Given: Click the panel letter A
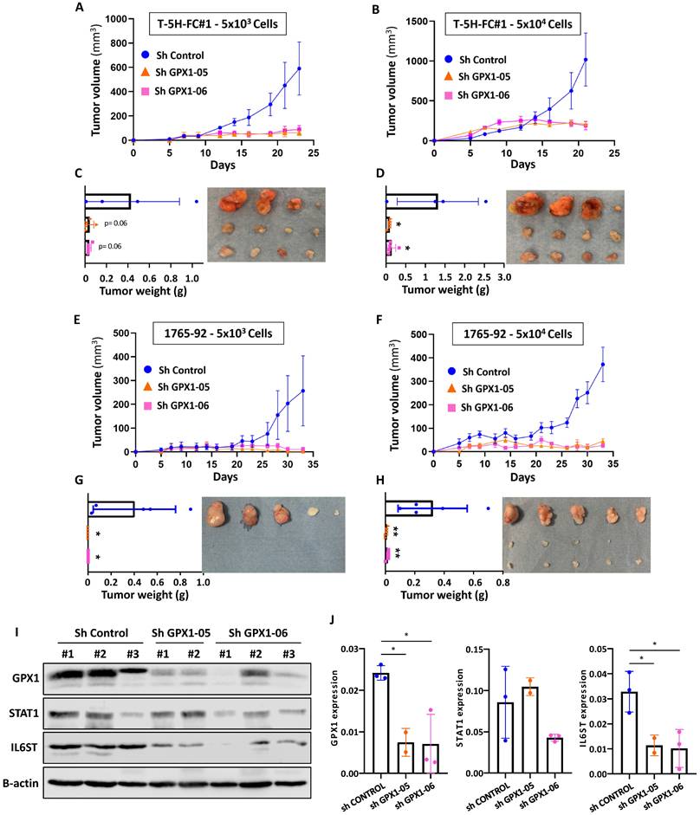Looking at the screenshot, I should pos(80,8).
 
